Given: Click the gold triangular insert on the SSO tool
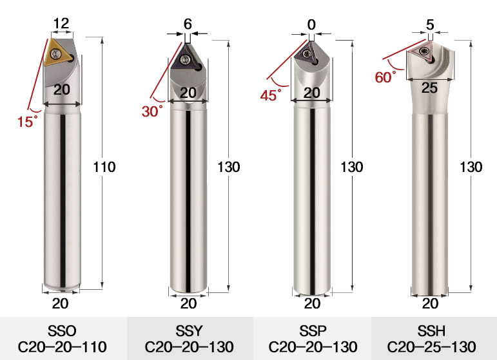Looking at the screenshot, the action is [57, 53].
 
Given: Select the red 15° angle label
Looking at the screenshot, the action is [27, 122].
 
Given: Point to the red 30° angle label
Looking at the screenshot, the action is [152, 111].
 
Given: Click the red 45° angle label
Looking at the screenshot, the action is [271, 95].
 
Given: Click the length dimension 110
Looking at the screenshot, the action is [104, 167].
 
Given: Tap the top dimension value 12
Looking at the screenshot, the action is [61, 23].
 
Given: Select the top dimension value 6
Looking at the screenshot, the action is [188, 24].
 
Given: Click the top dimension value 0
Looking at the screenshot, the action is [311, 24].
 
